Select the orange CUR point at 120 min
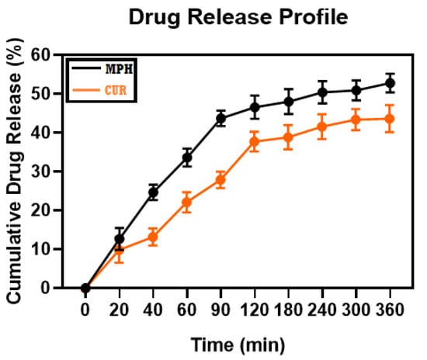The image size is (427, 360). pyautogui.click(x=254, y=142)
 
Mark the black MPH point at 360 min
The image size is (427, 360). pyautogui.click(x=390, y=83)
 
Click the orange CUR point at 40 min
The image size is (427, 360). pyautogui.click(x=153, y=237)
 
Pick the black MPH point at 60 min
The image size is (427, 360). pyautogui.click(x=186, y=157)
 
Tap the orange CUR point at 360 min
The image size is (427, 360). pyautogui.click(x=390, y=119)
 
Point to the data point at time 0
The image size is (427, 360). pyautogui.click(x=85, y=288)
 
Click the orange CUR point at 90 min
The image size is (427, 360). pyautogui.click(x=220, y=180)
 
